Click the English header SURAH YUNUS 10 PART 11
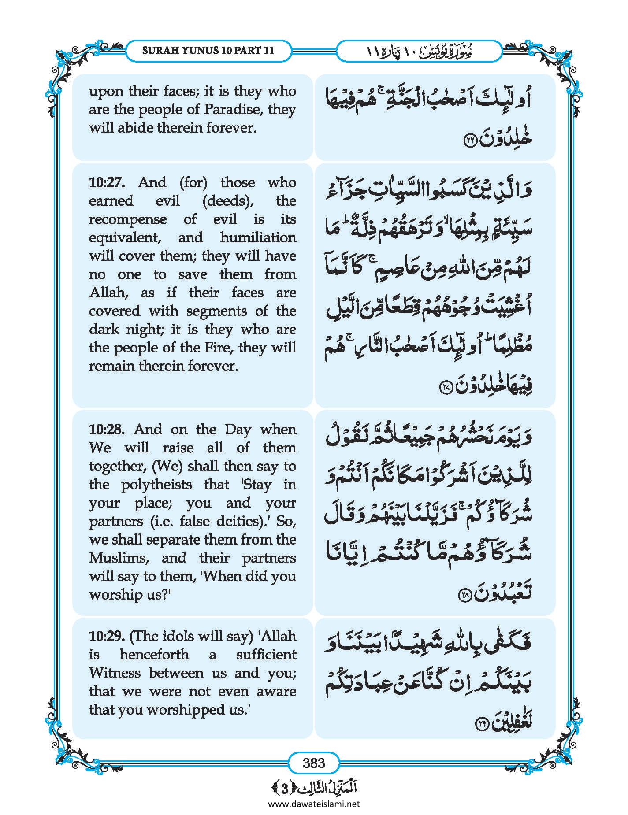208,51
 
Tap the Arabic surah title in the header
419,51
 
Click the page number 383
314,763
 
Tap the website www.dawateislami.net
314,804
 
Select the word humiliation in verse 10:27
258,237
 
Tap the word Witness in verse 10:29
115,673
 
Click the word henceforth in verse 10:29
154,655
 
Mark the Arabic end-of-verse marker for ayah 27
445,388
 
